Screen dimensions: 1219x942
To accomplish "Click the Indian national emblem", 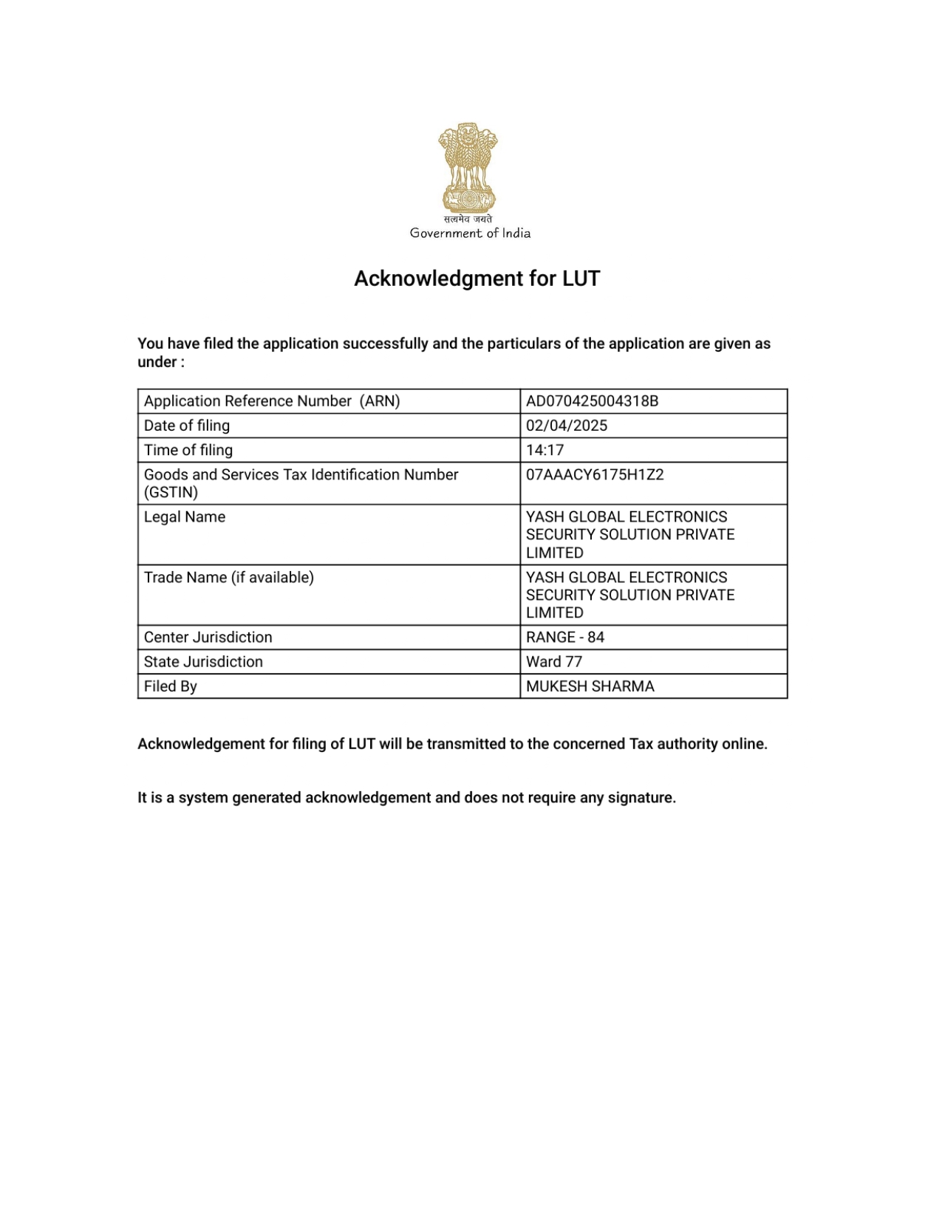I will click(x=468, y=168).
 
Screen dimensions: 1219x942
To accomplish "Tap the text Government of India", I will click(x=470, y=233).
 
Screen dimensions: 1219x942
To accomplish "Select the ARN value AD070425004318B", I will click(x=592, y=401).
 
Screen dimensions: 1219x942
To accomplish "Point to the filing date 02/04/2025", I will click(x=567, y=426).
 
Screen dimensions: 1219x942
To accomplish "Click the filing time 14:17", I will click(x=545, y=450).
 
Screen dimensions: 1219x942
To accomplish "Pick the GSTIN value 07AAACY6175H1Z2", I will click(x=595, y=474).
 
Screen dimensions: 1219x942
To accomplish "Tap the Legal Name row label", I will click(x=185, y=517).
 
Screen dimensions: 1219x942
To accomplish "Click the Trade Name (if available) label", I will click(x=229, y=578).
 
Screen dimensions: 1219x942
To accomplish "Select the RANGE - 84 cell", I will click(x=565, y=638).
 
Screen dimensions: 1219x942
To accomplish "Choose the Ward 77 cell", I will click(x=554, y=662).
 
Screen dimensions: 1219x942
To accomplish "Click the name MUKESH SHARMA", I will click(x=590, y=686).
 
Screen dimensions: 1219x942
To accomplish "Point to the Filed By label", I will click(x=171, y=686).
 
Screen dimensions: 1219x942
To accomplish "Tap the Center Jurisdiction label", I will click(x=208, y=638).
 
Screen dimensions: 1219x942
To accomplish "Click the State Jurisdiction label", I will click(x=203, y=662).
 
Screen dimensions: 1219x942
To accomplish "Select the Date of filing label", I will click(x=187, y=426).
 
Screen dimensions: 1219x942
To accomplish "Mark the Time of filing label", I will click(x=188, y=450).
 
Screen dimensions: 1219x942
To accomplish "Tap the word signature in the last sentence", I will click(x=640, y=798).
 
